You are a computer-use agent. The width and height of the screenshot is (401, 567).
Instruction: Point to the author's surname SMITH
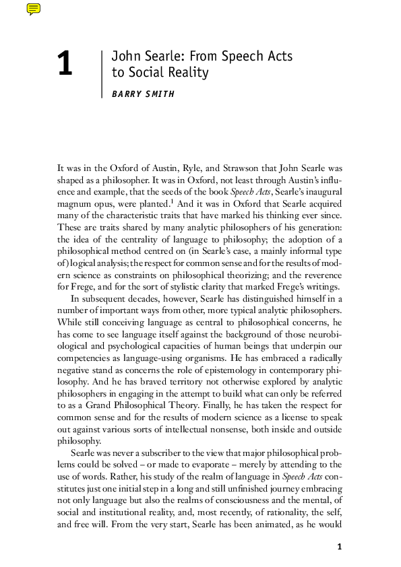pos(159,94)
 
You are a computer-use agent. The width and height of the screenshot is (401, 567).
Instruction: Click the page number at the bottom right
pos(340,546)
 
